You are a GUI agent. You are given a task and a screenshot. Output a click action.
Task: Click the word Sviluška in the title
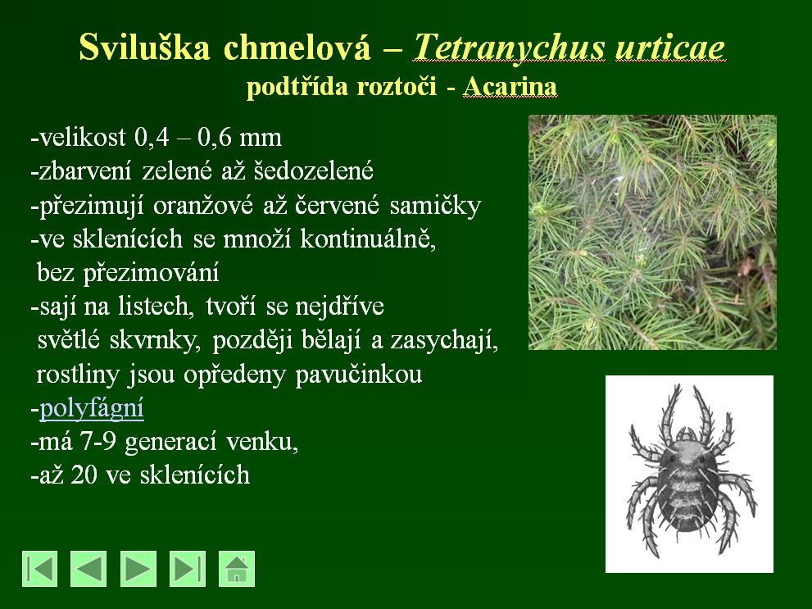144,47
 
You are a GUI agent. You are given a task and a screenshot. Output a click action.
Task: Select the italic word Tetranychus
509,48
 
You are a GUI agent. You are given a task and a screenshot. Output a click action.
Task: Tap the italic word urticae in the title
670,48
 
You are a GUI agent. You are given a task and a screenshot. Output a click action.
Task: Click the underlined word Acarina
510,87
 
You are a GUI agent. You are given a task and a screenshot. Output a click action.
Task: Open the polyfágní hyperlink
92,408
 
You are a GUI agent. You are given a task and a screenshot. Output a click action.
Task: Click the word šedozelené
313,170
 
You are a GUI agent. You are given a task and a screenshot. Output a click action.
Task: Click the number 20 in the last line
84,475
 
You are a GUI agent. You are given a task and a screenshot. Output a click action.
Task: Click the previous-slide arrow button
88,569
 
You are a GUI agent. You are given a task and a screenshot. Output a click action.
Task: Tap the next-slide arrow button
138,569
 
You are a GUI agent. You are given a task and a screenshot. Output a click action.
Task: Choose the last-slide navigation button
188,569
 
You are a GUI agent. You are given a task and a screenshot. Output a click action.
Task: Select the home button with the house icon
237,569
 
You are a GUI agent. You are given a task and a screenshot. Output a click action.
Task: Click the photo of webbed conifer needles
652,232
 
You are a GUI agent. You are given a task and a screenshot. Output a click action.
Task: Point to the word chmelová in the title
297,47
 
